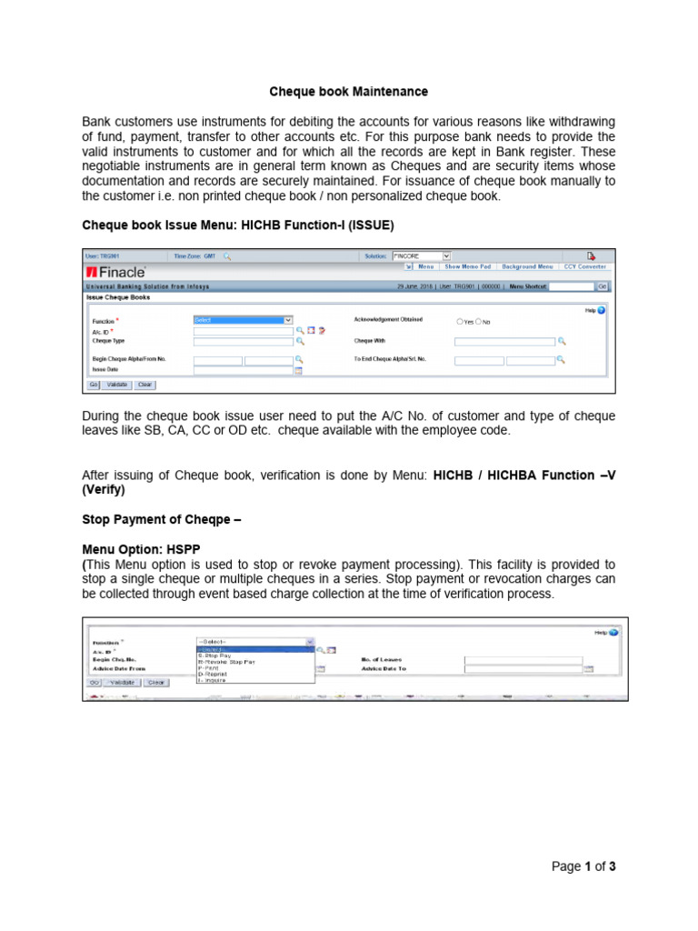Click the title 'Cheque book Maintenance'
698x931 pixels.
tap(349, 92)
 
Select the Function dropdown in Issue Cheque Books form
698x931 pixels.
tap(244, 320)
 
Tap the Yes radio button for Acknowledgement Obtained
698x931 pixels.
tap(459, 322)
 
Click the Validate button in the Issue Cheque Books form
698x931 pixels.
tap(117, 385)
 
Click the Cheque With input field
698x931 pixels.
tap(504, 342)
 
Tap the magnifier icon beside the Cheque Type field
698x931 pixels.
tap(299, 342)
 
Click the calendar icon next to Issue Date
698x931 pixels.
tap(298, 371)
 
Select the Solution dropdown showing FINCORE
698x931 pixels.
tap(421, 256)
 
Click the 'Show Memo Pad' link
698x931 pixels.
tap(467, 266)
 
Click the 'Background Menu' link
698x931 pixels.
tap(527, 266)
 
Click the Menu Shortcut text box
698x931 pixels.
tap(572, 285)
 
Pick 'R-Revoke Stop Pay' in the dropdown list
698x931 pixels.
tap(227, 661)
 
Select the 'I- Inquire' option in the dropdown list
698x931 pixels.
tap(213, 679)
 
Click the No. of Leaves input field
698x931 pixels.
tap(523, 659)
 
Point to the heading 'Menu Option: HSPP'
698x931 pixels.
tap(140, 550)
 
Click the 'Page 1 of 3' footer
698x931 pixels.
tap(583, 866)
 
